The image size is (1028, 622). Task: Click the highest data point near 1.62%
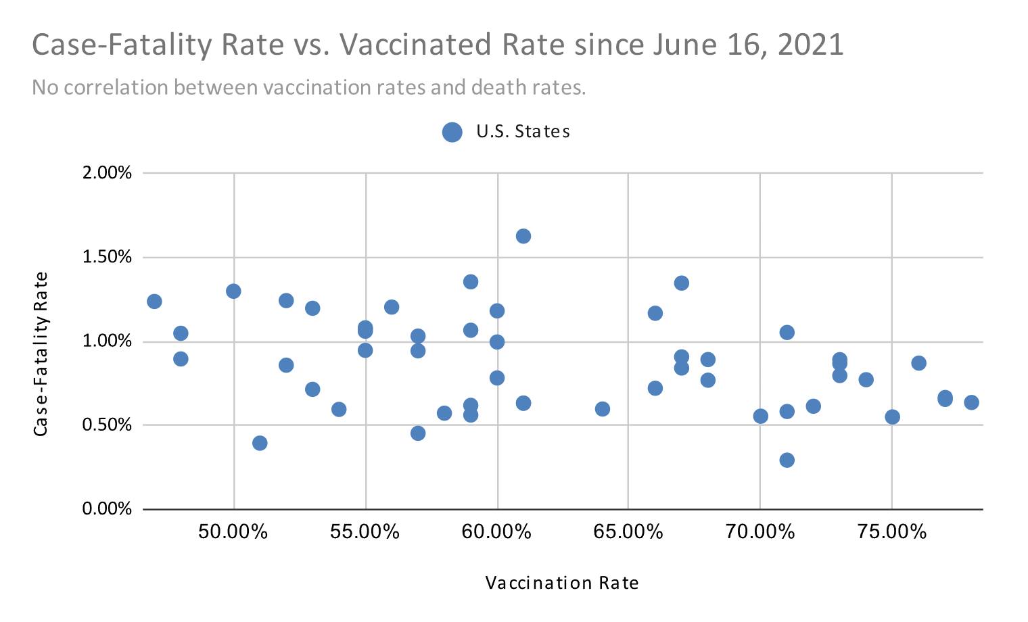pos(523,236)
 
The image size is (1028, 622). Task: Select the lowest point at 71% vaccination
pos(787,460)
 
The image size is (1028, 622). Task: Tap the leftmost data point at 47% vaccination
pos(154,301)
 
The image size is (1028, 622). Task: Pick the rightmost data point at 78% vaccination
pos(971,402)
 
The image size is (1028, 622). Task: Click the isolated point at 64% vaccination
pos(602,409)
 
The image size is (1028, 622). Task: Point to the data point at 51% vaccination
pos(260,443)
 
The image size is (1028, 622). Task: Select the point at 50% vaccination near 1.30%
pos(233,291)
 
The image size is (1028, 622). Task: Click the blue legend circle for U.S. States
pos(452,132)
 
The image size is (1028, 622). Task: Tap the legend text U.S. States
pos(523,132)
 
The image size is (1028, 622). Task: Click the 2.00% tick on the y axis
pos(107,173)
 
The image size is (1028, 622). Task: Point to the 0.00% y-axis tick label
pos(107,509)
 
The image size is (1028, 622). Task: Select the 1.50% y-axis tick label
pos(107,257)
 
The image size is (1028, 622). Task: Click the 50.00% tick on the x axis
pos(233,532)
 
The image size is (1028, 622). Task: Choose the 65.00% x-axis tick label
pos(628,532)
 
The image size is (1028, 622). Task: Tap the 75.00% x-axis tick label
pos(891,532)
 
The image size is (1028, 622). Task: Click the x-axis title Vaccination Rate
pos(562,583)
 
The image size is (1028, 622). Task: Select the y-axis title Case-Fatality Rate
pos(41,354)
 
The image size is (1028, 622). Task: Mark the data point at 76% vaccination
pos(918,363)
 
